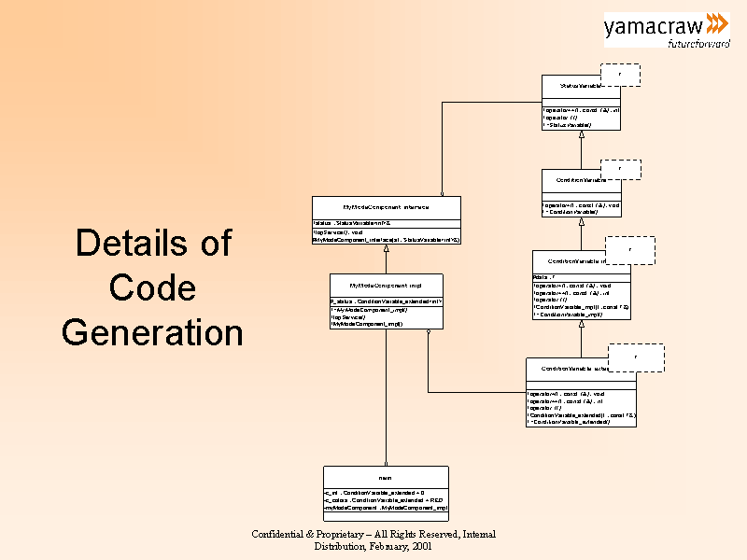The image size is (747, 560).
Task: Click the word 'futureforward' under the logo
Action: [x=698, y=43]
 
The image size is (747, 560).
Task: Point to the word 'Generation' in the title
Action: [x=153, y=332]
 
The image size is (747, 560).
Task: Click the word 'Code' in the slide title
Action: [x=153, y=287]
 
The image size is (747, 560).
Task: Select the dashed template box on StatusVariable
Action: [x=621, y=75]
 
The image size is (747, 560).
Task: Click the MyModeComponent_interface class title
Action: [x=385, y=207]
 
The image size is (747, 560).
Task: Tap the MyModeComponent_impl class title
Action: [x=385, y=285]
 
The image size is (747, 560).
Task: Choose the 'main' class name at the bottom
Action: [x=385, y=477]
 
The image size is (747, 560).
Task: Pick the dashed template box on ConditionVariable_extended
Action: [x=637, y=357]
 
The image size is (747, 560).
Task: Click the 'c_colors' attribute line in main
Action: [x=373, y=500]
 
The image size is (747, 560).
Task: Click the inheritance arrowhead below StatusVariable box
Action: [x=582, y=134]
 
